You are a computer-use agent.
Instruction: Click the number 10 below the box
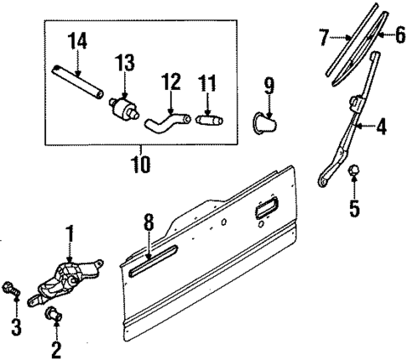click(139, 164)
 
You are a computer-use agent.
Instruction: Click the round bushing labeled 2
click(52, 316)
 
